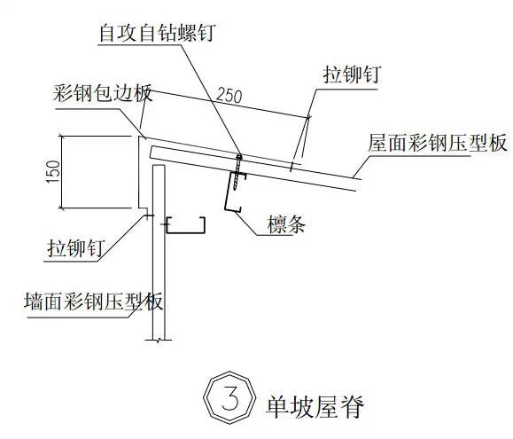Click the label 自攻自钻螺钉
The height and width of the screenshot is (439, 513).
click(157, 33)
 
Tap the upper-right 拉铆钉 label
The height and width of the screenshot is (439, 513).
click(352, 74)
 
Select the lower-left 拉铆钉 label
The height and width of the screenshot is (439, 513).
click(76, 248)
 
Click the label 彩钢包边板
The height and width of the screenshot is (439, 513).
click(103, 93)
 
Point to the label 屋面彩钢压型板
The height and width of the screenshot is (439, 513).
click(438, 143)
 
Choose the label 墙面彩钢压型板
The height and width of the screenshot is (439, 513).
click(94, 302)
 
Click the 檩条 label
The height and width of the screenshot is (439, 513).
click(286, 224)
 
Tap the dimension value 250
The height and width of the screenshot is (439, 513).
click(229, 96)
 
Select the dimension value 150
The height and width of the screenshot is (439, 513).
click(54, 171)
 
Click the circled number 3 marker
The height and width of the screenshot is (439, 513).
click(229, 397)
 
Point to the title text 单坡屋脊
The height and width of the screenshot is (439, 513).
click(315, 406)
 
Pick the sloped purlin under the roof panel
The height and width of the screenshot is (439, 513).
click(235, 192)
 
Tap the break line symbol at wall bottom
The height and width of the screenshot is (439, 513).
click(159, 341)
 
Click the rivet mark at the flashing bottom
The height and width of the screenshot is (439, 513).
click(148, 216)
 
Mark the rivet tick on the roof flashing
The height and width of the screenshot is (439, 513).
click(291, 167)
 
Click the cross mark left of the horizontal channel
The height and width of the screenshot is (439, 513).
click(164, 224)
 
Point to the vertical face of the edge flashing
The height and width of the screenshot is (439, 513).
click(139, 172)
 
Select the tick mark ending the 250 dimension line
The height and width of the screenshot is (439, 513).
click(308, 116)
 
